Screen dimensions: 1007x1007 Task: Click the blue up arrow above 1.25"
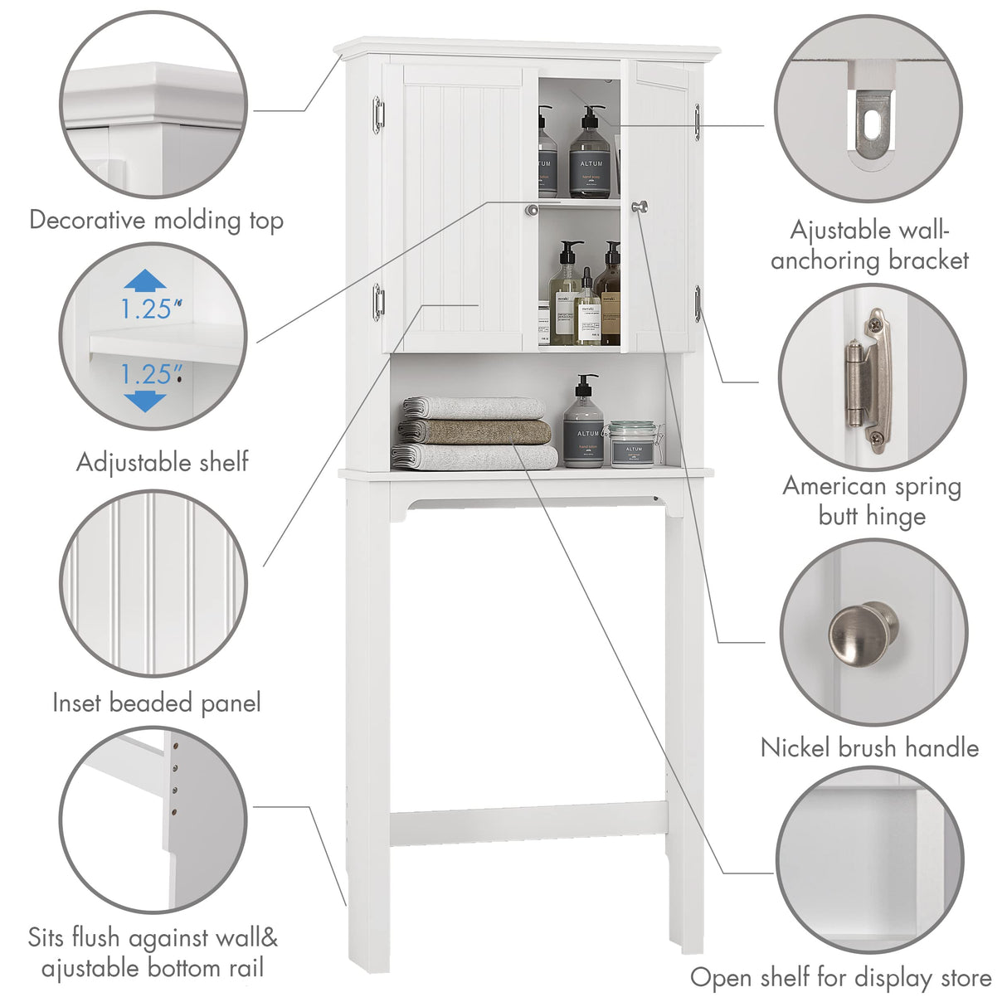pos(145,280)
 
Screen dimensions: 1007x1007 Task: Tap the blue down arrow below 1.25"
pos(146,401)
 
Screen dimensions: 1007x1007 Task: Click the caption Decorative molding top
pos(156,221)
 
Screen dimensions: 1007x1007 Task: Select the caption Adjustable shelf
pos(163,462)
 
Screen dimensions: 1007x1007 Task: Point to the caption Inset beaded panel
pos(156,703)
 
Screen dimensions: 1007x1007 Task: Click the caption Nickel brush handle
pos(869,748)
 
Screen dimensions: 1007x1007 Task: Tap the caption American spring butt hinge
pos(871,501)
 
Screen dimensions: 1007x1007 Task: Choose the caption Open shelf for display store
pos(840,978)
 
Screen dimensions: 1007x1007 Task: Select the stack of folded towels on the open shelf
pos(475,433)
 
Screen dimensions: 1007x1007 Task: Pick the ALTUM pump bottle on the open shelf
pos(583,427)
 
